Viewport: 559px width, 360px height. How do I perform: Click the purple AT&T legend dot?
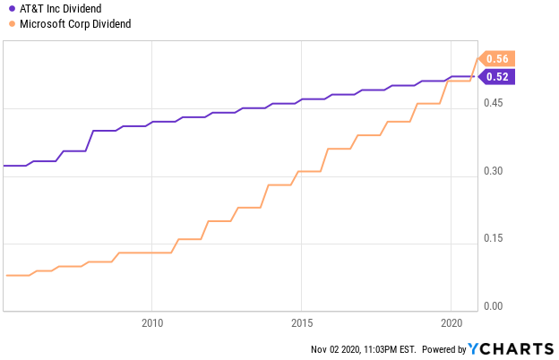13,9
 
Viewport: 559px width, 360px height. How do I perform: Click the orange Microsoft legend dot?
13,24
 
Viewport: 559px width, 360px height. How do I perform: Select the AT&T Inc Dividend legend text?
61,9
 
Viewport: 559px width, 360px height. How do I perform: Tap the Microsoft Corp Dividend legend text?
75,24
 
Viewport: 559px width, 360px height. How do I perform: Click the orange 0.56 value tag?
496,58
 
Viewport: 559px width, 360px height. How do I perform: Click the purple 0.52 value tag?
496,77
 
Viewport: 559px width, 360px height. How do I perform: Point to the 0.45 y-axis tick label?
493,103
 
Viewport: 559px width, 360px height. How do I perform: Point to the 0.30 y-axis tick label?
493,171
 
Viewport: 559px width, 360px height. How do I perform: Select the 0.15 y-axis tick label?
493,238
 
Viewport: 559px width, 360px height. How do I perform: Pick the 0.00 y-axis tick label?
493,306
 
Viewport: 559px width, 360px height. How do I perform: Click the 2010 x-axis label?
152,323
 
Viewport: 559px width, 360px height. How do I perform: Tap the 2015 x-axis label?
302,323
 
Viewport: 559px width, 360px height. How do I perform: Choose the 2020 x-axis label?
451,323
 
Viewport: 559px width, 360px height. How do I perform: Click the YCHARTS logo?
512,348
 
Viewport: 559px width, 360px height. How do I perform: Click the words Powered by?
443,349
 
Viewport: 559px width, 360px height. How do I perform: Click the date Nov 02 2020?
336,349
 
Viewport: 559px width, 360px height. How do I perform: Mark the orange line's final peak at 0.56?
477,58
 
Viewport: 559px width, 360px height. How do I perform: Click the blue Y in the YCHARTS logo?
474,348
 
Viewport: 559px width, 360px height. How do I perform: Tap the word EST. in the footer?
408,349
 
